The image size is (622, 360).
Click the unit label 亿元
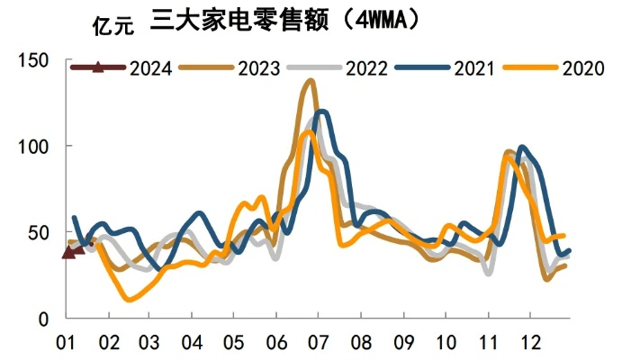point(113,24)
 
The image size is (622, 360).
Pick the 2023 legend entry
point(258,67)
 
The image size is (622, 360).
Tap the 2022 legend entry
point(366,67)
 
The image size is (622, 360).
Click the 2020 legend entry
point(582,67)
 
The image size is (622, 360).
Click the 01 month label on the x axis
point(66,343)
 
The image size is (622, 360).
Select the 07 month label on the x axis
point(318,343)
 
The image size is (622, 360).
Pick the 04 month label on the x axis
point(192,343)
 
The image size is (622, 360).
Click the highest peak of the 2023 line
point(311,81)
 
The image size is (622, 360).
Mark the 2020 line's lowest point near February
point(130,299)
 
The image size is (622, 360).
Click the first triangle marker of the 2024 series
point(68,253)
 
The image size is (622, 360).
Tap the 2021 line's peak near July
point(320,112)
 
